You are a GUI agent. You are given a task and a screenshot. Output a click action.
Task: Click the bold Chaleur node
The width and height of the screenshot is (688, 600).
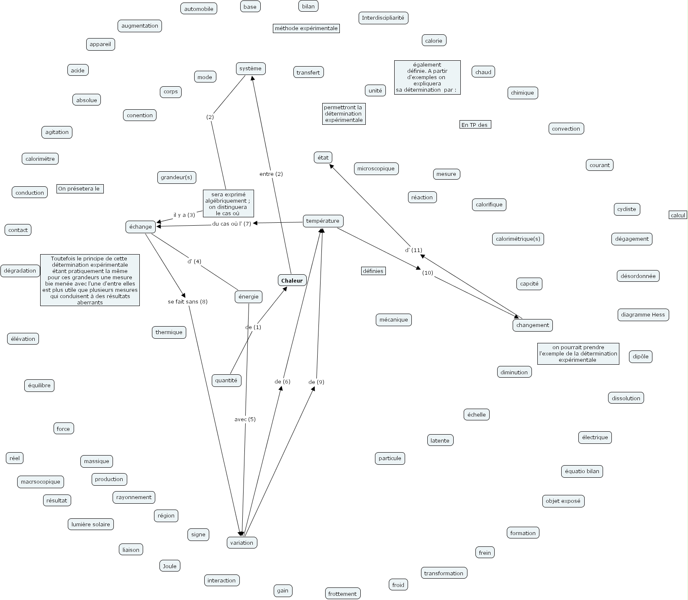pyautogui.click(x=292, y=281)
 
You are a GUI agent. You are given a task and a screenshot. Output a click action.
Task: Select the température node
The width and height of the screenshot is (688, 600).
pyautogui.click(x=323, y=221)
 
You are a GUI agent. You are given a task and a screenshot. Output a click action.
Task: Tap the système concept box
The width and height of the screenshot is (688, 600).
pyautogui.click(x=250, y=69)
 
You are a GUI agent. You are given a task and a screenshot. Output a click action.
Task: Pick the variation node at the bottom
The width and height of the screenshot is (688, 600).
pyautogui.click(x=241, y=543)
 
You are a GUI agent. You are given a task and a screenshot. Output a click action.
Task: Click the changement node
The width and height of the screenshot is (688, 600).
pyautogui.click(x=532, y=325)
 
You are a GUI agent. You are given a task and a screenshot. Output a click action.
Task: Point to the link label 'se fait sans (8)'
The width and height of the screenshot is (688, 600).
pyautogui.click(x=187, y=302)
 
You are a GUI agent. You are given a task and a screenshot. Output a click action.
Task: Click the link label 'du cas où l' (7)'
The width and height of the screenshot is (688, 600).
pyautogui.click(x=231, y=224)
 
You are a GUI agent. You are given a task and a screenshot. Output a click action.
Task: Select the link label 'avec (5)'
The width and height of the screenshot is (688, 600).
pyautogui.click(x=245, y=419)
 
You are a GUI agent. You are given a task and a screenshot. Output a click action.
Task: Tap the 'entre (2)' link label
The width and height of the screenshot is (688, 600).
pyautogui.click(x=271, y=174)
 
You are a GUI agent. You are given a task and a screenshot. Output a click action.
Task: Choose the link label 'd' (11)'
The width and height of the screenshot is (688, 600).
pyautogui.click(x=413, y=250)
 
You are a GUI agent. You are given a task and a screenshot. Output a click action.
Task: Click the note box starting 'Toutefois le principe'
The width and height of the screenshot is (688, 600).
pyautogui.click(x=90, y=280)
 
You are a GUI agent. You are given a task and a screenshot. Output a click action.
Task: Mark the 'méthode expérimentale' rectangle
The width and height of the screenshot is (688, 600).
pyautogui.click(x=306, y=28)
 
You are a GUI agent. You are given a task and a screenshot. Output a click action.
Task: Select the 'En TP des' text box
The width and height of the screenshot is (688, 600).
pyautogui.click(x=475, y=125)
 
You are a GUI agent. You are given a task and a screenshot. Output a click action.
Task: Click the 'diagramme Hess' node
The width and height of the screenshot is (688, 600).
pyautogui.click(x=643, y=315)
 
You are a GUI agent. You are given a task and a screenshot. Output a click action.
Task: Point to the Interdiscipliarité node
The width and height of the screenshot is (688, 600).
pyautogui.click(x=383, y=18)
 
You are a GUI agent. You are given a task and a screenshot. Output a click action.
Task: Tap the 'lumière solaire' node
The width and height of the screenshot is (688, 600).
pyautogui.click(x=91, y=524)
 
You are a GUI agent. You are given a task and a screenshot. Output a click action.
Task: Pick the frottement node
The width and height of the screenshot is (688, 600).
pyautogui.click(x=342, y=594)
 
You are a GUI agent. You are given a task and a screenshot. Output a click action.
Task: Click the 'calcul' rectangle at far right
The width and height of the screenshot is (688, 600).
pyautogui.click(x=678, y=215)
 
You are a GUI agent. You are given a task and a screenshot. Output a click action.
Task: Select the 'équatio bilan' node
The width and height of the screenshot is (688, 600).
pyautogui.click(x=582, y=471)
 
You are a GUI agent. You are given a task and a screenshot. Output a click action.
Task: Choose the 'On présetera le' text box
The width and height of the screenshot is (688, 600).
pyautogui.click(x=80, y=189)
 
